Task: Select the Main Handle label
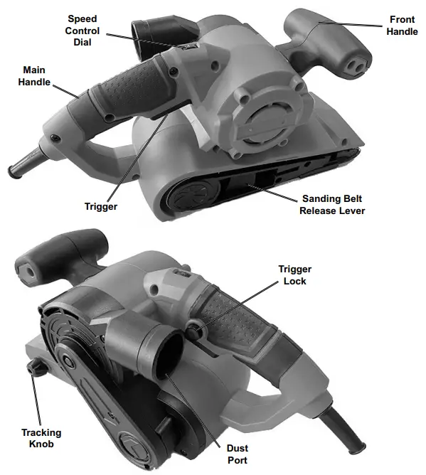(36, 77)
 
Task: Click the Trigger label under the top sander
(100, 207)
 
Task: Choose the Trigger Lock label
(293, 275)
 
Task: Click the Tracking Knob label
(41, 439)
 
